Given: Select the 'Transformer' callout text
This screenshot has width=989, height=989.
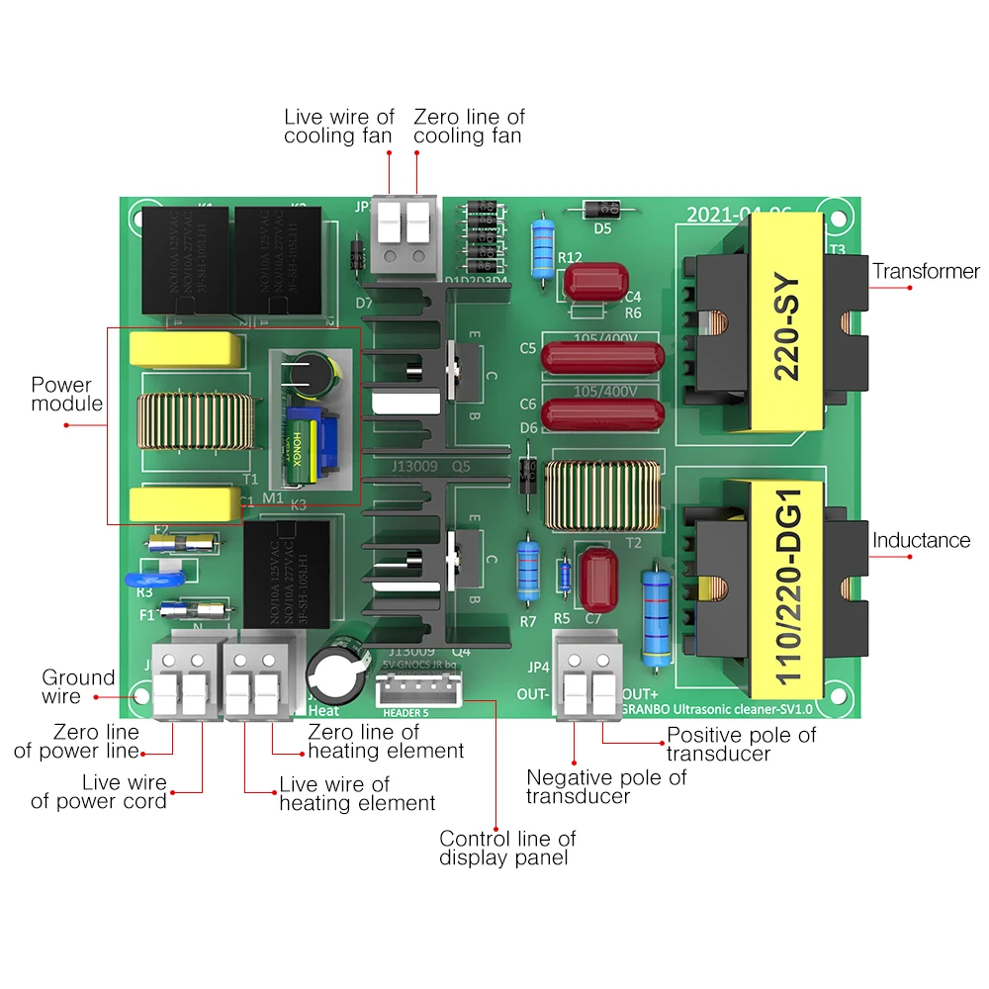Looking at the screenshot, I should [x=926, y=271].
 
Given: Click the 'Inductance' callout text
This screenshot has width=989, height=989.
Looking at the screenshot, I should [x=921, y=540].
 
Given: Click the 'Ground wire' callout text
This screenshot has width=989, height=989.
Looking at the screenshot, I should [x=78, y=687].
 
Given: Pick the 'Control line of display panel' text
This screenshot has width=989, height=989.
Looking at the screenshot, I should [x=507, y=849].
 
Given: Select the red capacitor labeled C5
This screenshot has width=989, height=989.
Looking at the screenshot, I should [x=600, y=357].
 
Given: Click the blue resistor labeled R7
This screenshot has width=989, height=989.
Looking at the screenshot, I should [x=527, y=574].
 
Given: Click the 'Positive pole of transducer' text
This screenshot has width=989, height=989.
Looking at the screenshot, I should [x=741, y=744].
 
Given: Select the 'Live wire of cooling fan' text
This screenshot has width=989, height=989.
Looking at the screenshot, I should [x=339, y=127].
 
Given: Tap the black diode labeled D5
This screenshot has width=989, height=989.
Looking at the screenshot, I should [x=600, y=210].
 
